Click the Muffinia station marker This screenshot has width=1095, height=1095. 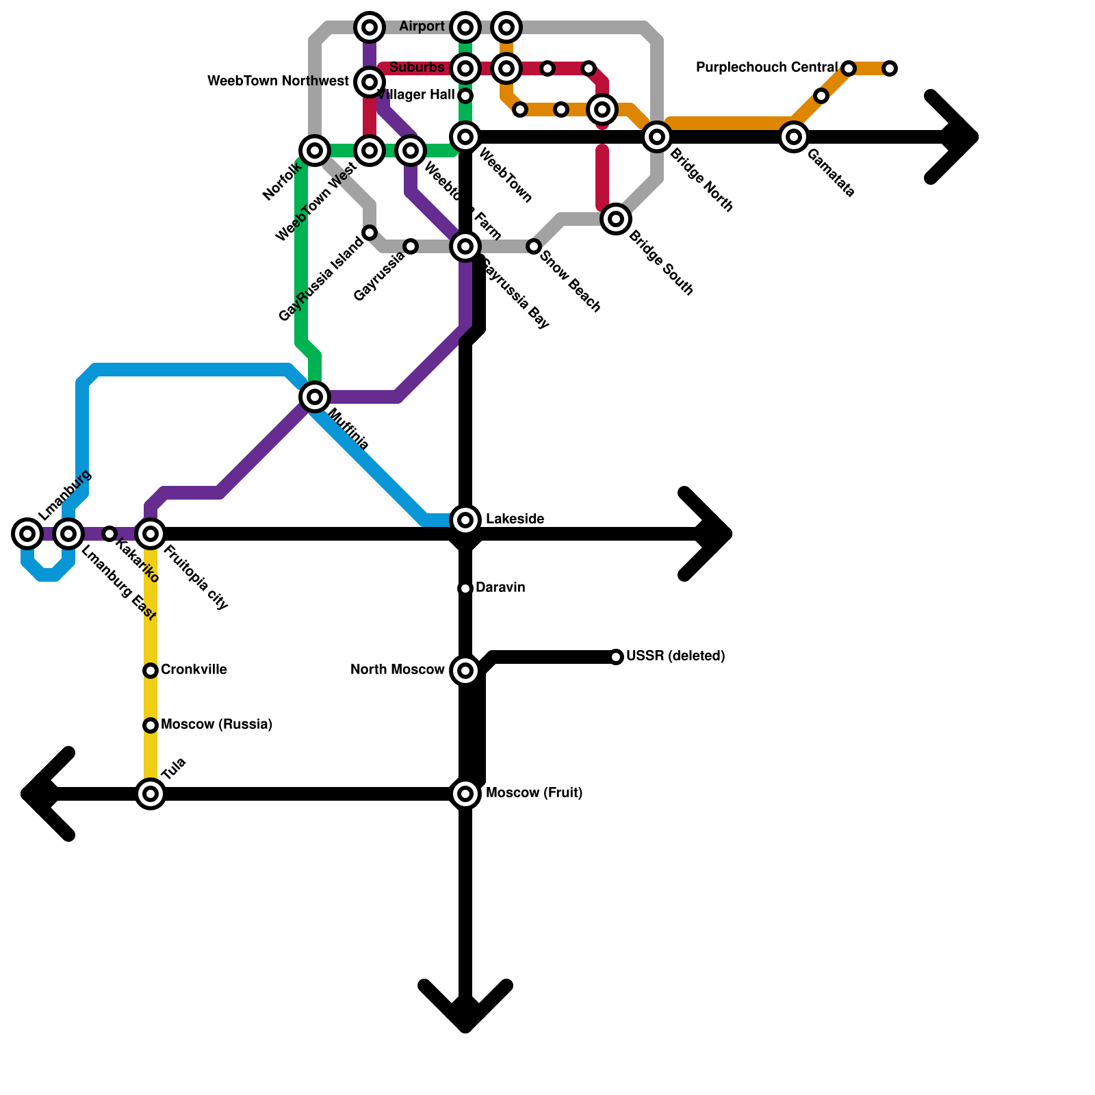315,396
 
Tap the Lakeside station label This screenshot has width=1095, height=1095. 515,519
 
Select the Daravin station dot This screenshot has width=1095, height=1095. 465,589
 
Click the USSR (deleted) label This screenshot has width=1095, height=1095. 675,656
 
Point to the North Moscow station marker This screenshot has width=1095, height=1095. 465,671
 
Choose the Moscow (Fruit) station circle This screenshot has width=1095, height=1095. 465,794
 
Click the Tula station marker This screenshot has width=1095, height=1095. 151,794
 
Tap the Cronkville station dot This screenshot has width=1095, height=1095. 151,671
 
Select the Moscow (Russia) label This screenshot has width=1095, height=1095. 216,725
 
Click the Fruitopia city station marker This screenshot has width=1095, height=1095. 151,534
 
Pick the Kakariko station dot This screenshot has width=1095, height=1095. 109,533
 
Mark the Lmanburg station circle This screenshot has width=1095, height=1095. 27,533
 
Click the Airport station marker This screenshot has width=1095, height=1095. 465,27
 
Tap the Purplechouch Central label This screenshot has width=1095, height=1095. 766,68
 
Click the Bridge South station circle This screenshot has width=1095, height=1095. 616,219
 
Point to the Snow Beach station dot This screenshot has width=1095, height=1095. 534,246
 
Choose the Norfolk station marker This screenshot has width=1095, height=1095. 315,150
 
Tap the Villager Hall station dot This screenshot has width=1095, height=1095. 465,96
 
